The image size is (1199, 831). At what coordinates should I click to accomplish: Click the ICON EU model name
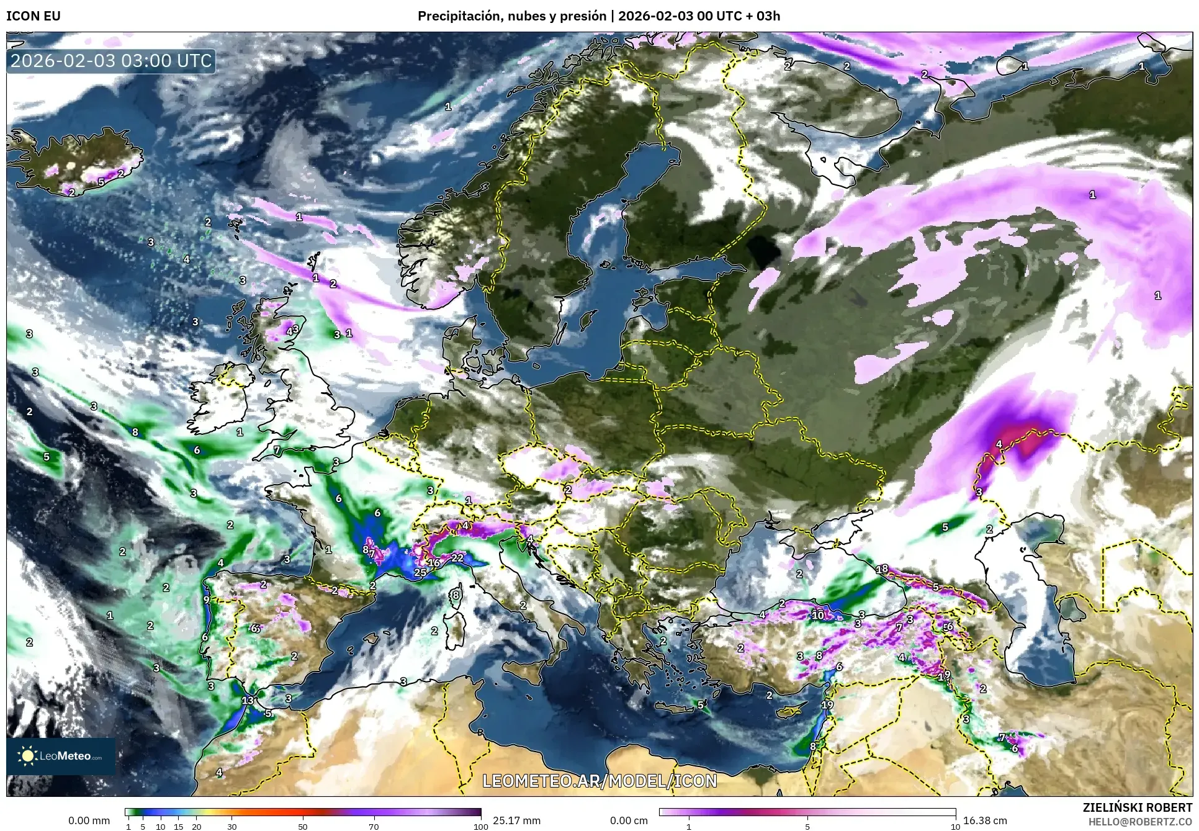tap(34, 16)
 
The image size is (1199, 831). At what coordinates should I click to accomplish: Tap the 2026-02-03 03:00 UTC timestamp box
tap(112, 61)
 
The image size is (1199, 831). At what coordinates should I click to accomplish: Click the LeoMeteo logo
tap(61, 756)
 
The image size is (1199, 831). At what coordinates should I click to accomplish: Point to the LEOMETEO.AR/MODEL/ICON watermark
tap(599, 780)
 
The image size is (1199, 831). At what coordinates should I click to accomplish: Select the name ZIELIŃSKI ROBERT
tap(1137, 807)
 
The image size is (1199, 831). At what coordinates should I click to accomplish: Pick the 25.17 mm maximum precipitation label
tap(516, 820)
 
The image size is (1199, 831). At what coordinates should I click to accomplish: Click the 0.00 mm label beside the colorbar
tap(89, 820)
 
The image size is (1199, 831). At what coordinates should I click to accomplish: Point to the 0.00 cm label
tap(629, 820)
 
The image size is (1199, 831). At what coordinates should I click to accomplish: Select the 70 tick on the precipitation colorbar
tap(374, 827)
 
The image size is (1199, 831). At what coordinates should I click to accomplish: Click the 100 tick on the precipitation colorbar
tap(481, 827)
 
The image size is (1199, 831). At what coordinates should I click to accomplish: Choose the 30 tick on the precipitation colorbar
tap(231, 827)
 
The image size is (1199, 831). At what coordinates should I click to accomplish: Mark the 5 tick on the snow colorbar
tap(807, 827)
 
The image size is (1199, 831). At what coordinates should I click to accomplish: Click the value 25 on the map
tap(420, 572)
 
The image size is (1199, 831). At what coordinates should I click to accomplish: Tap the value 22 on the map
tap(457, 558)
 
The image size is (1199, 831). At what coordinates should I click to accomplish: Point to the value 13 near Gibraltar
tap(248, 700)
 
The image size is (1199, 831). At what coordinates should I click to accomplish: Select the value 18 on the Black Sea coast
tap(882, 568)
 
